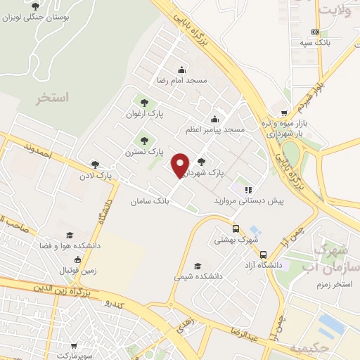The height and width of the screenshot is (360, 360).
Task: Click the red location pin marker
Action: tap(181, 165)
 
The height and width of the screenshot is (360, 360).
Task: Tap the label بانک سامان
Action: tap(150, 201)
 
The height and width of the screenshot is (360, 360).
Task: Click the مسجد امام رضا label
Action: tap(181, 80)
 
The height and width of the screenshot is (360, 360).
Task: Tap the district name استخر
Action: tap(53, 98)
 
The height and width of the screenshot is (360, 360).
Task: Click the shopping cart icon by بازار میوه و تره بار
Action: tap(283, 112)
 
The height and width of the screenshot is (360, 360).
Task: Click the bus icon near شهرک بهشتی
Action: tap(236, 228)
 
